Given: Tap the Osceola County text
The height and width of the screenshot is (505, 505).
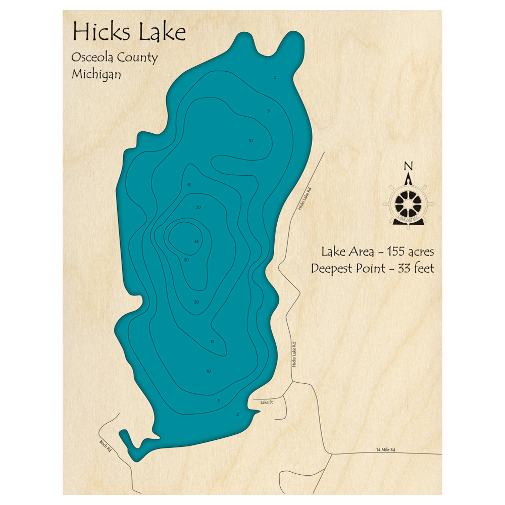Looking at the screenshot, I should tap(115, 58).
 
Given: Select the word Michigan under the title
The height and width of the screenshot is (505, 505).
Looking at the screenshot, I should tap(96, 74).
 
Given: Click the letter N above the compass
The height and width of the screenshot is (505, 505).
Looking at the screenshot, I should tap(409, 166).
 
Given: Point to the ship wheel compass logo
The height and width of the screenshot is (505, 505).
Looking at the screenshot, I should tap(409, 203).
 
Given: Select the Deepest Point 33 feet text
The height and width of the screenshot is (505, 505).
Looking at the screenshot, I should tap(372, 268).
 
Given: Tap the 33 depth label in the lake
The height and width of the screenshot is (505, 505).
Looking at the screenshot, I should tap(196, 241).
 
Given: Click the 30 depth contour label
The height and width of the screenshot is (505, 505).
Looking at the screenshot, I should tap(186, 260).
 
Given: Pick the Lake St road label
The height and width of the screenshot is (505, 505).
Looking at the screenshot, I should tap(266, 402).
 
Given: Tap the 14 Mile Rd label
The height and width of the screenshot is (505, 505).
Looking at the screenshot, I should tap(385, 449).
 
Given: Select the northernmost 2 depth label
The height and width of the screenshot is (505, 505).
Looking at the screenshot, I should tap(275, 78).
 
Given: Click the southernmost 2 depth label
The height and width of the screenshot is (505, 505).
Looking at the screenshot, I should tap(237, 415).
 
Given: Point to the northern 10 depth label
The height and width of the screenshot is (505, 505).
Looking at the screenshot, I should tap(250, 141).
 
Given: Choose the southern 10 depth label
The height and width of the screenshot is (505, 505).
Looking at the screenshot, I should tap(209, 372).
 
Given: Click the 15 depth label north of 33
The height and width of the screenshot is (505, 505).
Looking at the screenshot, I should tap(189, 185).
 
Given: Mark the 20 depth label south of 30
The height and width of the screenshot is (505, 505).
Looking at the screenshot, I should tap(196, 302).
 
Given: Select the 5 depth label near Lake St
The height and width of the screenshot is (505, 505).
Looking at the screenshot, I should tap(219, 401).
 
